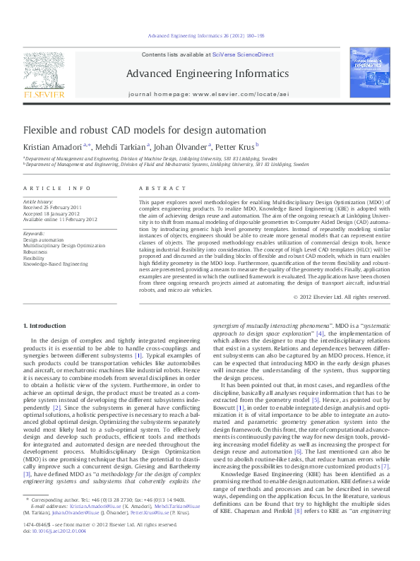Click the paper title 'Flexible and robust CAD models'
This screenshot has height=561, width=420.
[135, 130]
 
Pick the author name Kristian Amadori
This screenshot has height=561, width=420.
[52, 147]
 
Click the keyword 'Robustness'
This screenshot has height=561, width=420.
[37, 251]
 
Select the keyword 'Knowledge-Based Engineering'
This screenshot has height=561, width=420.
[56, 264]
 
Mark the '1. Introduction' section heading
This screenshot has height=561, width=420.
[44, 325]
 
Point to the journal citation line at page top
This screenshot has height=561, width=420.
[206, 35]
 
